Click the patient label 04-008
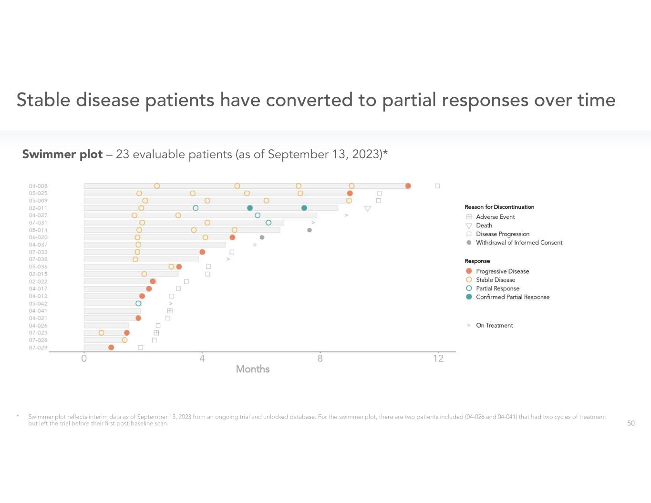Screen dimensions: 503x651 pos(38,186)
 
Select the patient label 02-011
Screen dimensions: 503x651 pos(38,208)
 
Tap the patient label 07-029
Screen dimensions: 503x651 pos(38,348)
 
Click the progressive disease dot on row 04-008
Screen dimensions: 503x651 pos(408,186)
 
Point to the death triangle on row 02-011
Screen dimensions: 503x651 pos(367,208)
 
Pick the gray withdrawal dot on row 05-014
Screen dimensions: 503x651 pos(310,230)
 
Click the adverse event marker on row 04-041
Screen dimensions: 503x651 pos(170,311)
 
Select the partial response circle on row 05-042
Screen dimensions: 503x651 pos(138,303)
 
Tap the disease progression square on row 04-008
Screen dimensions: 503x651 pos(437,186)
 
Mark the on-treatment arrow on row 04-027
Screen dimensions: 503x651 pos(346,216)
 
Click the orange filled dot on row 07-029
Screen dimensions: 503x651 pos(111,348)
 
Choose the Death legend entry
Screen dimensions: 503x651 pos(484,226)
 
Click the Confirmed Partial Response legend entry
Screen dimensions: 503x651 pos(512,297)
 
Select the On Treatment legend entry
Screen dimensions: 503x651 pos(494,326)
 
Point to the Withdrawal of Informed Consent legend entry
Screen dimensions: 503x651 pos(519,243)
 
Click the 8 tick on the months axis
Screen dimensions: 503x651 pos(320,359)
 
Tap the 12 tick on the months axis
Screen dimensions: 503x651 pos(438,359)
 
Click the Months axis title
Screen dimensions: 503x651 pos(253,369)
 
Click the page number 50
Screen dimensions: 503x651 pos(630,423)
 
